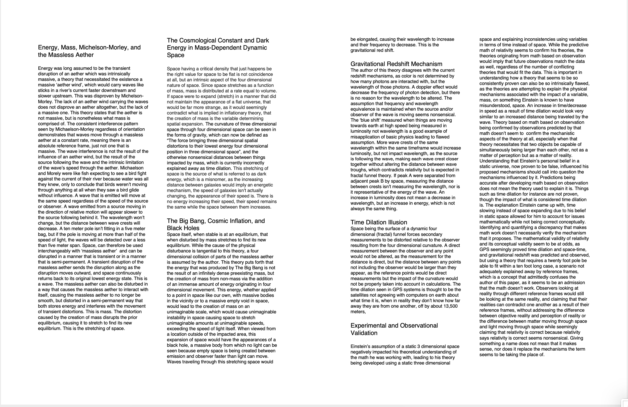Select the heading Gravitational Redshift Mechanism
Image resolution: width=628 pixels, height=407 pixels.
point(396,64)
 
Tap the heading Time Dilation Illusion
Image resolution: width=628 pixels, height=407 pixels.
point(379,222)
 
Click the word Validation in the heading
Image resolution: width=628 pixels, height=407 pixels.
point(364,333)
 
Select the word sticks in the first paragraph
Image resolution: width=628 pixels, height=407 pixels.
point(44,90)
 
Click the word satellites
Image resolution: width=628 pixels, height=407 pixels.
point(360,295)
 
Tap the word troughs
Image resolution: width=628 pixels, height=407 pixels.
point(359,170)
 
